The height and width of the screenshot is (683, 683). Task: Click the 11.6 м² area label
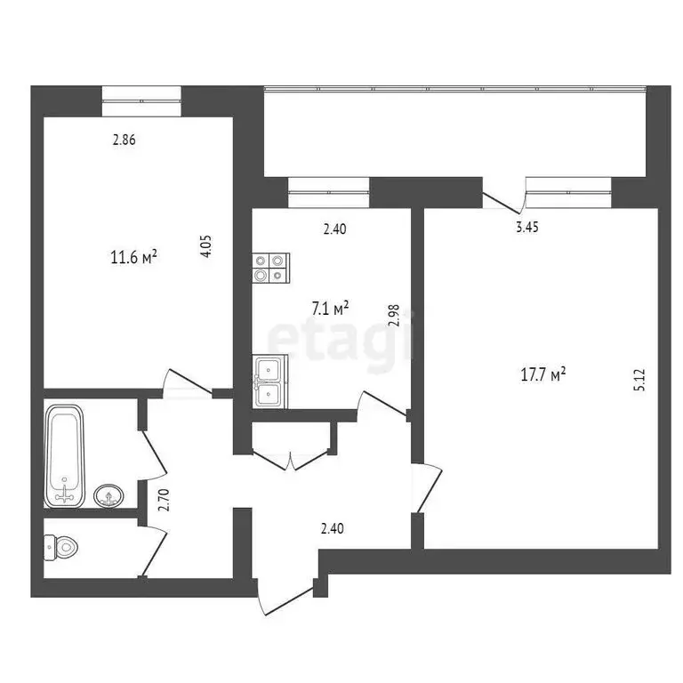(x=133, y=259)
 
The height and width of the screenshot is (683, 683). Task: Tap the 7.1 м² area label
(x=329, y=309)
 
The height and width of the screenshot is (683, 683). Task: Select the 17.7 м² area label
(x=543, y=375)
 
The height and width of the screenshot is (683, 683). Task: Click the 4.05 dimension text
(x=206, y=245)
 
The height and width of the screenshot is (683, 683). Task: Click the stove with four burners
(x=271, y=268)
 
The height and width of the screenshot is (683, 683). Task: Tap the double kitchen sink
(x=271, y=382)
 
